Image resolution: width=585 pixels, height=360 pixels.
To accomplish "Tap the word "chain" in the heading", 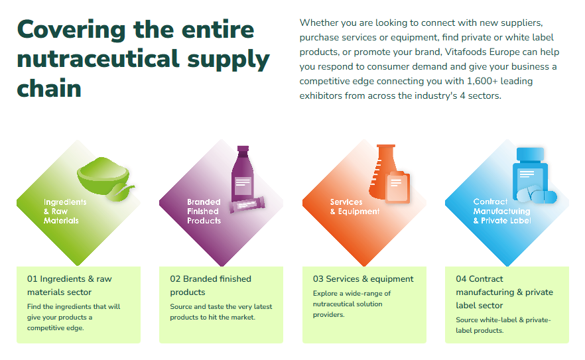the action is coord(49,88).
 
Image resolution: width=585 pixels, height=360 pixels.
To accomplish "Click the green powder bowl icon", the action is coord(103,176).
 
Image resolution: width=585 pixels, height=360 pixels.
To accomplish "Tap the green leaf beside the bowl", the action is coord(120,192).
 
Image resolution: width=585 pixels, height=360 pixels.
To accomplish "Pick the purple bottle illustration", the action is coord(243,174).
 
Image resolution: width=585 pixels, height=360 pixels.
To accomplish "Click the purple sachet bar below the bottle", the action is coord(247,204).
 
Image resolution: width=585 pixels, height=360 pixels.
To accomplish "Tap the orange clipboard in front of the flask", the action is coord(398,187).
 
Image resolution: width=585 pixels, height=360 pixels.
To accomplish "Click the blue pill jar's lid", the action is coord(530,154).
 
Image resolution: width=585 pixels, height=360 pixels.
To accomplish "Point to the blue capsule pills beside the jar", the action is coord(537,195).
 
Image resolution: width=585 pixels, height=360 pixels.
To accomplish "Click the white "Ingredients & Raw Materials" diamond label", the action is coord(65,211).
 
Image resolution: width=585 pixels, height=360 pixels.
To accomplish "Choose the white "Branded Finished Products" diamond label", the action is coord(204,211).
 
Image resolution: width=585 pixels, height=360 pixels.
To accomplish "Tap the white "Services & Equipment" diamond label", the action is coord(354,207).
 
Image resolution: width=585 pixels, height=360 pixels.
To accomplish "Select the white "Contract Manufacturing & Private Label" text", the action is coord(502,211).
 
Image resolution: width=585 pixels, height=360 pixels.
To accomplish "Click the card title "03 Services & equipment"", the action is coord(363,278).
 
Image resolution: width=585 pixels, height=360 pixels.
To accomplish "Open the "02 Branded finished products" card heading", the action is coord(210,285).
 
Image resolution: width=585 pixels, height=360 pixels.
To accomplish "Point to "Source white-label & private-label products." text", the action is coord(503,325).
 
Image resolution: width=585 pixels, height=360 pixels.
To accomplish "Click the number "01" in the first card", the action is coord(32,278).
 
